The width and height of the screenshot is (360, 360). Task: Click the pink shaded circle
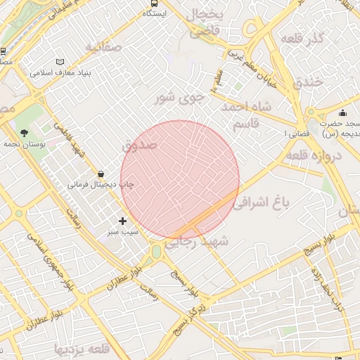(x=180, y=179)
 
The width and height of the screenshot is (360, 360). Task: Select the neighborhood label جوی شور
(x=179, y=97)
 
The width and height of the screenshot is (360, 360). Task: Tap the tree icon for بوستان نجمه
(x=25, y=132)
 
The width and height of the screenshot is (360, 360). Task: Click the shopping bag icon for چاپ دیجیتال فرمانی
(x=102, y=174)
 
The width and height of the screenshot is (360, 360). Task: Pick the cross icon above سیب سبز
(x=123, y=221)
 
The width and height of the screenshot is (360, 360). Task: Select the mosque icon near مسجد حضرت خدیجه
(x=342, y=112)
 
